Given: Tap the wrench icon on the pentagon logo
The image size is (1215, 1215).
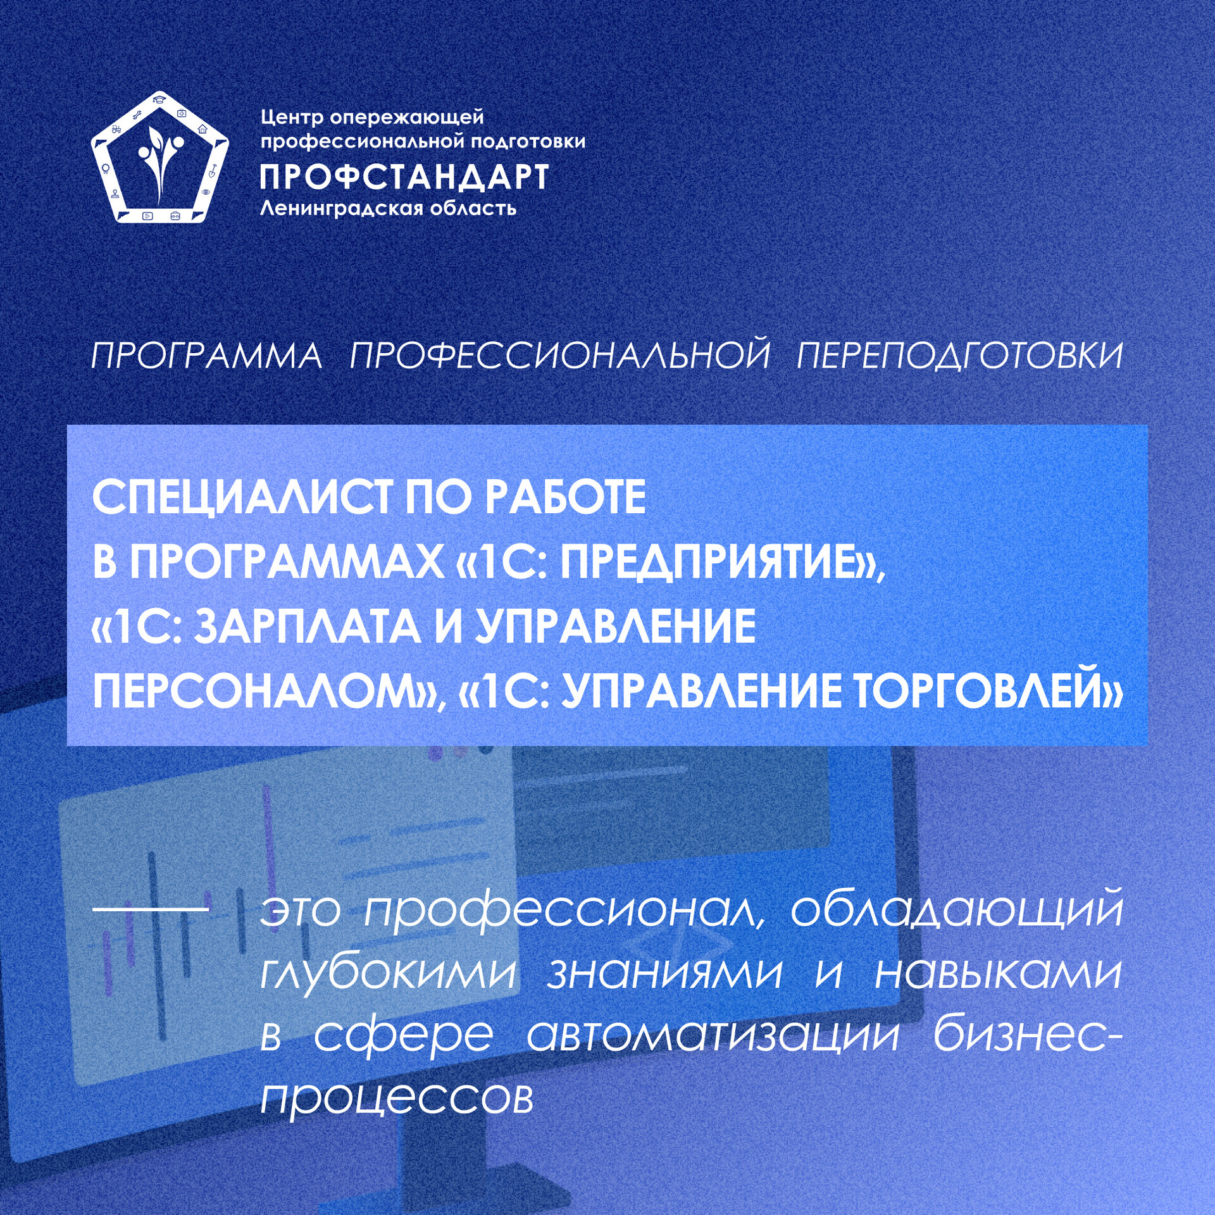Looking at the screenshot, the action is (136, 115).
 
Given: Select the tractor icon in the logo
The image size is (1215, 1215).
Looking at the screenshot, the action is (116, 128).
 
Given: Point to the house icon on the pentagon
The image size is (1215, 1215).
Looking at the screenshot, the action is (202, 129).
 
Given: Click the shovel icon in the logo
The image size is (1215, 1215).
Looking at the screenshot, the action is (213, 170).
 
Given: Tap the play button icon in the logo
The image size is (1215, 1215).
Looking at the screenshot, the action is (147, 216).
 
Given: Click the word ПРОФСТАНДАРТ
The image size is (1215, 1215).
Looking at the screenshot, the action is (404, 177).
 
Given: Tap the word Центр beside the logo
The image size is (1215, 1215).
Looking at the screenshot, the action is (292, 118).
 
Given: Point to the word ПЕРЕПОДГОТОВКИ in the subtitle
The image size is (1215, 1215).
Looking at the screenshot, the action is (959, 356).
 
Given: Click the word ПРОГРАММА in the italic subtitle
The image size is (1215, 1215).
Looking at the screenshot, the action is (207, 356).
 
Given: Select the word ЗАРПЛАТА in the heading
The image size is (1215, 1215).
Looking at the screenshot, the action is (307, 626).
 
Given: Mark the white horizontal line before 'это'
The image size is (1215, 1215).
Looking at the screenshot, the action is (151, 909).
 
